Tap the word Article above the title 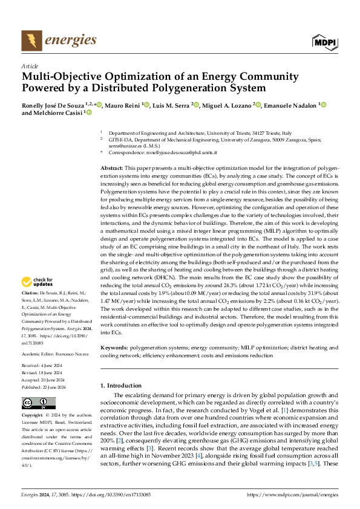pyautogui.click(x=29, y=66)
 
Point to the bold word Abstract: pyautogui.click(x=111, y=167)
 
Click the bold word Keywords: pyautogui.click(x=114, y=348)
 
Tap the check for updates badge pyautogui.click(x=38, y=282)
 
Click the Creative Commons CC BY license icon pyautogui.click(x=38, y=403)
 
